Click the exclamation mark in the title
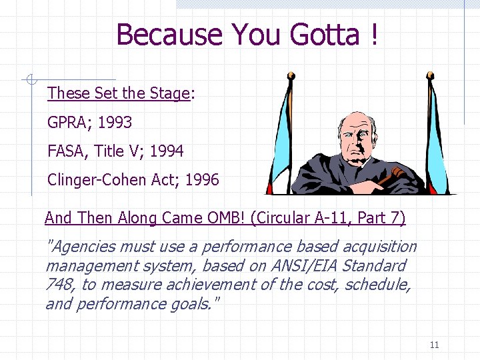coord(373,34)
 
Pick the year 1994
coord(166,151)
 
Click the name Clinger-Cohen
coord(102,180)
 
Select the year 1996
coord(201,180)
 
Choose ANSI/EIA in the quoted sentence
coord(303,266)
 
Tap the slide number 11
coord(434,345)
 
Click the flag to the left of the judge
coord(280,133)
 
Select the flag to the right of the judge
coord(437,133)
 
